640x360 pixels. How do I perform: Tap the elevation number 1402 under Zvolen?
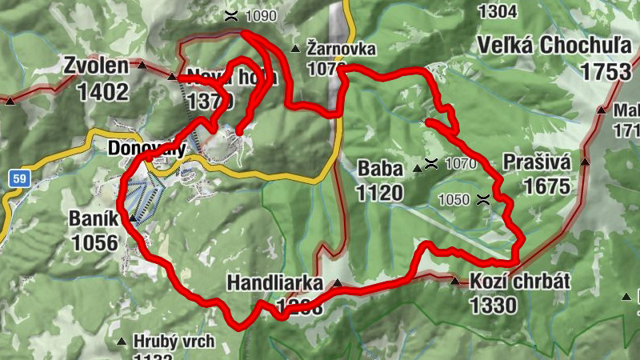[102, 91]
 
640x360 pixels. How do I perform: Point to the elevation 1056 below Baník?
[94, 242]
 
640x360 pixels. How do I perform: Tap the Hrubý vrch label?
[174, 342]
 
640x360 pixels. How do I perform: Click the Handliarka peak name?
[274, 283]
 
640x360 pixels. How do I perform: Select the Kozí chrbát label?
[520, 282]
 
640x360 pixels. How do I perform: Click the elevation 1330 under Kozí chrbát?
[494, 305]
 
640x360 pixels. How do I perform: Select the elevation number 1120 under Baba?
[380, 193]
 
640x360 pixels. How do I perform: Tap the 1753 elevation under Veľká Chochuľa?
[606, 71]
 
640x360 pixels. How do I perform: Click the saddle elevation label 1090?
[261, 15]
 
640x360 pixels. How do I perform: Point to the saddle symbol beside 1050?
[482, 199]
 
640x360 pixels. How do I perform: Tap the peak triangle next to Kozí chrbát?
[455, 282]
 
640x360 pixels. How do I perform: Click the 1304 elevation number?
[496, 10]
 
